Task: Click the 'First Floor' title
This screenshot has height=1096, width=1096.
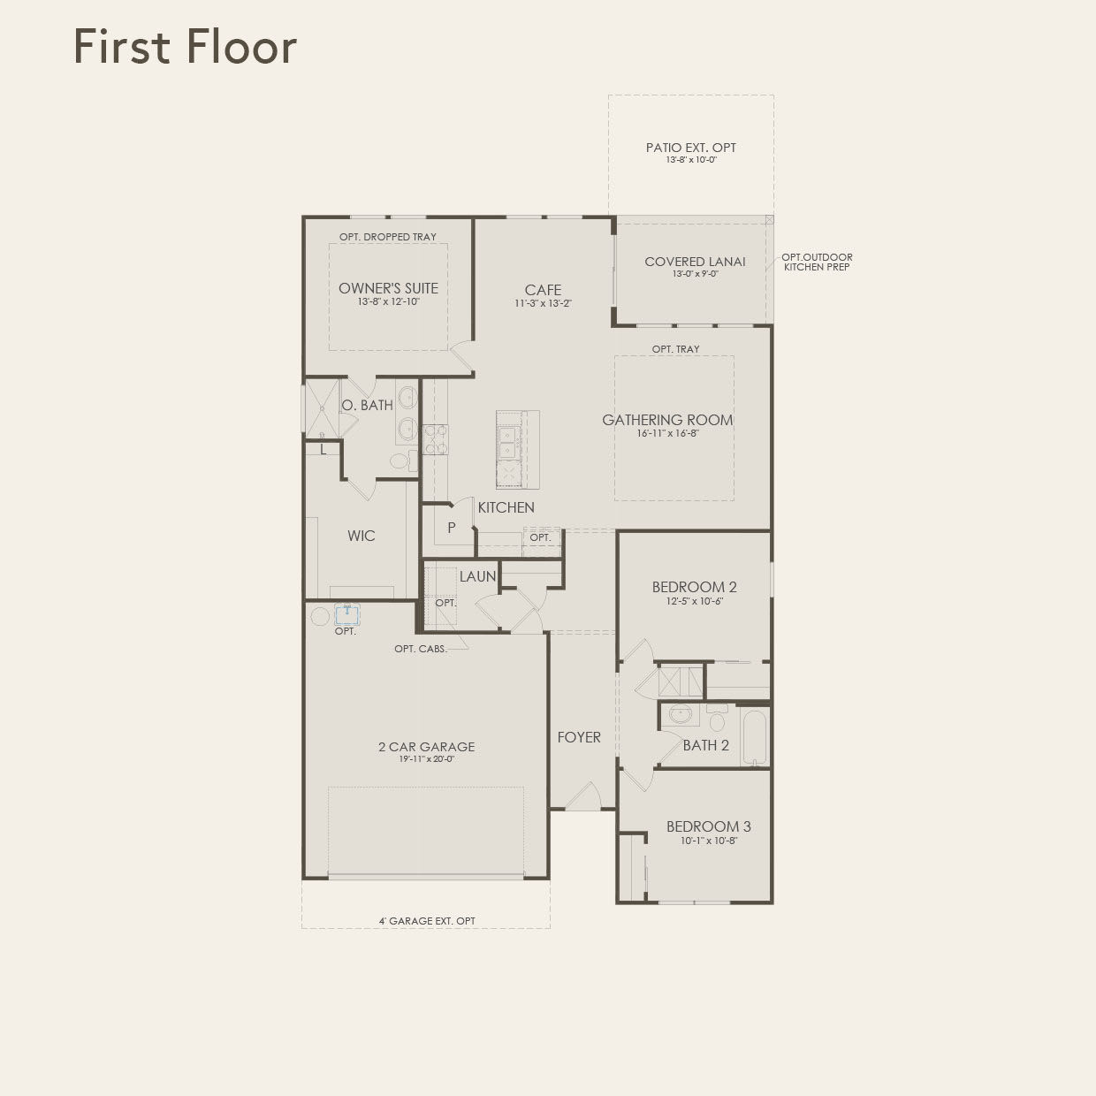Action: click(185, 46)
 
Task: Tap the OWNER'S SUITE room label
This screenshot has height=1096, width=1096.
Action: click(388, 288)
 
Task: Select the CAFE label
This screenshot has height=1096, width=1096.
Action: click(543, 290)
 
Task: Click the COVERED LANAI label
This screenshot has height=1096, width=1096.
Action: click(695, 262)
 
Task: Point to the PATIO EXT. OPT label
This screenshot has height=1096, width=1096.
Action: click(690, 148)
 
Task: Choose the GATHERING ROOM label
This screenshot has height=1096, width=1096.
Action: click(667, 420)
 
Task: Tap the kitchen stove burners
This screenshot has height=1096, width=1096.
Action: click(436, 439)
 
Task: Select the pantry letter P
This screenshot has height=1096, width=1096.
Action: click(451, 528)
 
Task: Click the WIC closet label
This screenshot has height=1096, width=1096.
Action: click(361, 536)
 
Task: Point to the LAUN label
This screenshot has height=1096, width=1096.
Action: click(477, 576)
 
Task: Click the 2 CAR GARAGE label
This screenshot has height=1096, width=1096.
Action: click(426, 747)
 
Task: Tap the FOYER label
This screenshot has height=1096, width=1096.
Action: click(579, 737)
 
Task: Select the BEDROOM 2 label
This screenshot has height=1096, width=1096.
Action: click(694, 587)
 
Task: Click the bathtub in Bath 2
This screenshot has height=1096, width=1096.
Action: click(755, 736)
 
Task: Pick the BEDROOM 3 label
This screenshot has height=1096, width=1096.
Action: click(708, 826)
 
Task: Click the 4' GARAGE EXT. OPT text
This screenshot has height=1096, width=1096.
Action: click(427, 921)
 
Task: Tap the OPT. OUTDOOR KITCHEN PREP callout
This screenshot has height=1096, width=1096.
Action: click(816, 262)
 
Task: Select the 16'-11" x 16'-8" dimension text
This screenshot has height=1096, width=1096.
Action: click(667, 434)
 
